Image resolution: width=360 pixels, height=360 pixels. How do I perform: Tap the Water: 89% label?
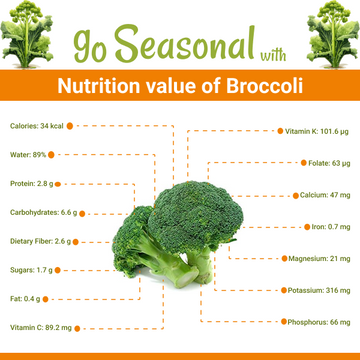tap(28, 154)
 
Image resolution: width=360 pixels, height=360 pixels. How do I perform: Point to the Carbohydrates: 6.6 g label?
tap(42, 212)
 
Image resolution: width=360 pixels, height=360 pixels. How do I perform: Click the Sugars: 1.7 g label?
tap(31, 270)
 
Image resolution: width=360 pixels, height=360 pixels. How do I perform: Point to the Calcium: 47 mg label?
tap(324, 195)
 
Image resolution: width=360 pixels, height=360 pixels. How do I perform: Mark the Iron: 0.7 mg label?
tap(329, 227)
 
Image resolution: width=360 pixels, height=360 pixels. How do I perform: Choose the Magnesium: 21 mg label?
tap(318, 258)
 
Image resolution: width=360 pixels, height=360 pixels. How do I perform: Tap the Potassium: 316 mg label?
tap(318, 290)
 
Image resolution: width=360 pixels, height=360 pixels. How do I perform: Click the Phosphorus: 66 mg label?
tap(317, 322)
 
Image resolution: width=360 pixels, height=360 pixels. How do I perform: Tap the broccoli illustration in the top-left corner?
tap(27, 31)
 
